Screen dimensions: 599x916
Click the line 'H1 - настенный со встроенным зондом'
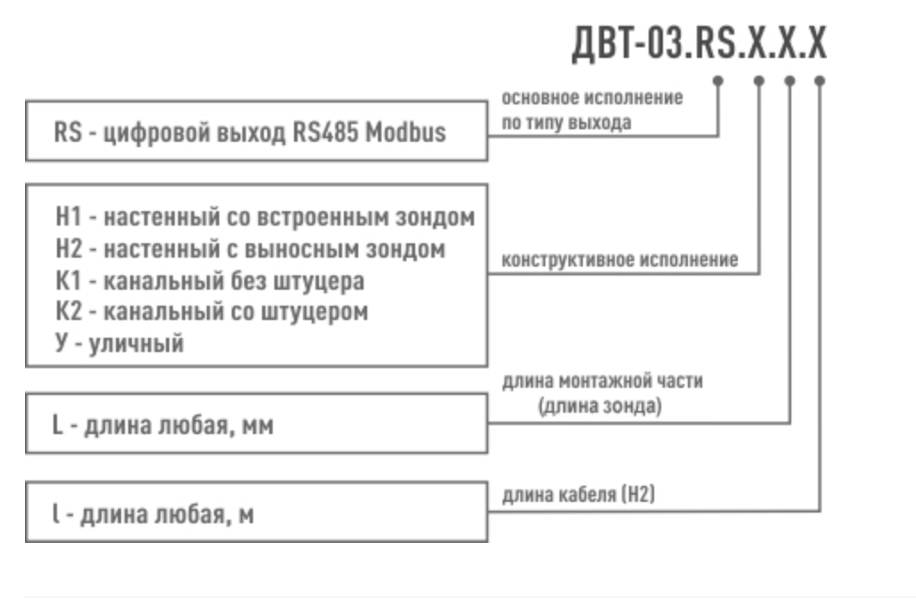tap(265, 217)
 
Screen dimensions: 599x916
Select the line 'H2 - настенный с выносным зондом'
tap(249, 250)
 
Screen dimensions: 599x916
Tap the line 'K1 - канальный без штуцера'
tap(209, 282)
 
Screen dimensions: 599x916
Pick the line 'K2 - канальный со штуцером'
tap(211, 313)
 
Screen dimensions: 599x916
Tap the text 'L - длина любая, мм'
tap(162, 426)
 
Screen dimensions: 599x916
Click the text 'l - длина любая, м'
tap(152, 514)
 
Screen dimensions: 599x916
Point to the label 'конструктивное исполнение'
tap(620, 260)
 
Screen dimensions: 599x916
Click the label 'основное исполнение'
tap(593, 97)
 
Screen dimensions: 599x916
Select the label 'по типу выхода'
tap(567, 122)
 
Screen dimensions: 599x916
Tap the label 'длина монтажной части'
tap(602, 382)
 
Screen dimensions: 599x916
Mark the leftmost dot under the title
tap(719, 80)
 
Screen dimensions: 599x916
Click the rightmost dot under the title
tap(820, 80)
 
